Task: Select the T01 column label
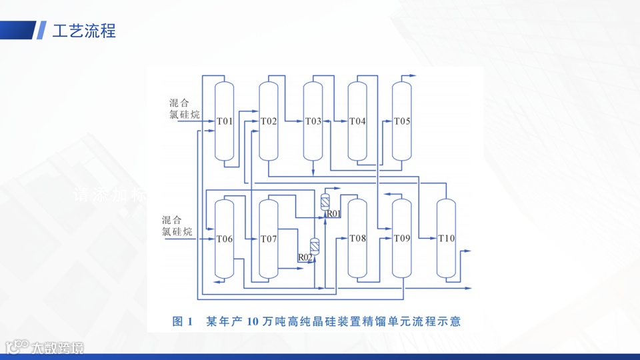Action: [x=225, y=121]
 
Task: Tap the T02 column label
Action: [x=268, y=121]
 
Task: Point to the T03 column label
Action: [x=313, y=121]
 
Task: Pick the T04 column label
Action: [x=357, y=121]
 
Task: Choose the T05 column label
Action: [x=402, y=121]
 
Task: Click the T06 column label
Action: [x=225, y=239]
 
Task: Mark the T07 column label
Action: [x=268, y=239]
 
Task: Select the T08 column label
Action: [x=357, y=239]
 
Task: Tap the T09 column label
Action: [x=402, y=239]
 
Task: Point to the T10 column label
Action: [x=447, y=239]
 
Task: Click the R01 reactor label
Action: [x=333, y=214]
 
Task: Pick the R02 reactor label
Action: [x=305, y=257]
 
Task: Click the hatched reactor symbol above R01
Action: [x=325, y=201]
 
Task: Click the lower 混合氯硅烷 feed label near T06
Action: [x=177, y=225]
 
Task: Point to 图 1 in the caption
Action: [x=182, y=322]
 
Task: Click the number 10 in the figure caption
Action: [x=252, y=322]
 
